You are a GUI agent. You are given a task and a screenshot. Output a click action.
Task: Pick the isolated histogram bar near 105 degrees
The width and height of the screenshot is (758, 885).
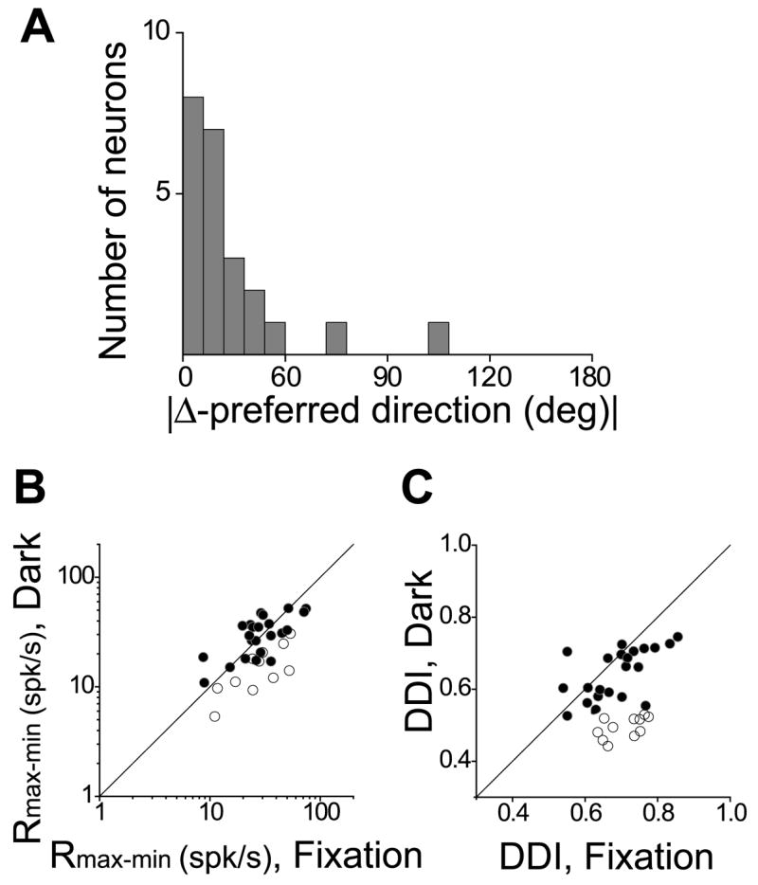coord(438,338)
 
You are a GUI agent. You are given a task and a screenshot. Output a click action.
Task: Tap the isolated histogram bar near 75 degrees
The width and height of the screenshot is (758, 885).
coord(336,338)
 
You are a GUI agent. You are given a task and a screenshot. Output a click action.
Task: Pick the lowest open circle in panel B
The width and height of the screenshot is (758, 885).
coord(215,716)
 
